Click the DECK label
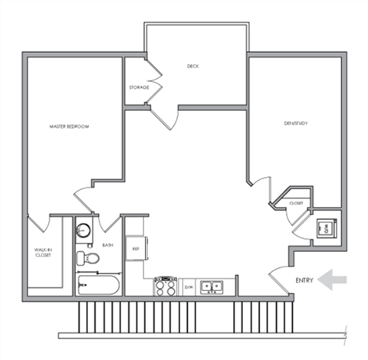tap(194, 67)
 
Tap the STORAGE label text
tap(139, 87)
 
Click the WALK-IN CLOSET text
tap(42, 252)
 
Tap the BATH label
tap(108, 245)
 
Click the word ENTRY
tap(304, 281)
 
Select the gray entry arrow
tap(333, 280)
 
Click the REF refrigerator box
tap(136, 249)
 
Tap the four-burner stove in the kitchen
tap(166, 287)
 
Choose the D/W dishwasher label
tap(188, 288)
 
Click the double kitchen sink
tap(212, 287)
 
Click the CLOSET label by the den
tap(296, 203)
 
